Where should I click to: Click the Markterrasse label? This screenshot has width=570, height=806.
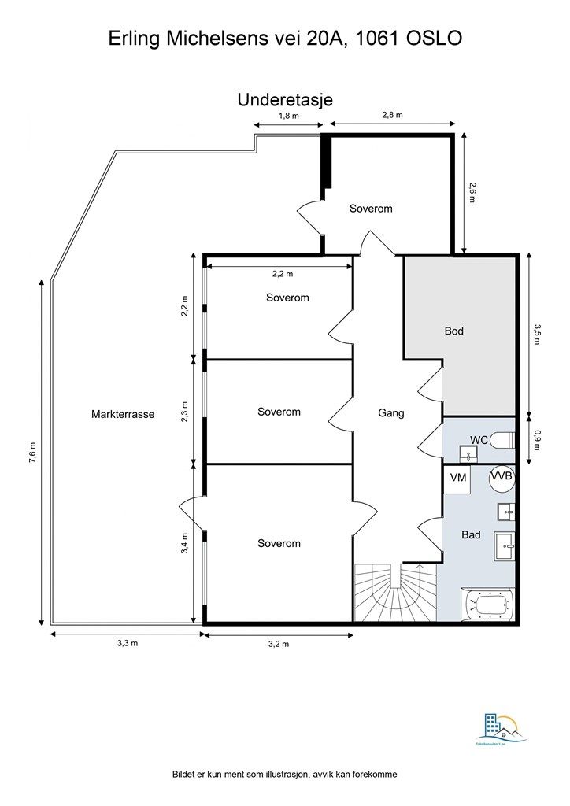pyautogui.click(x=123, y=414)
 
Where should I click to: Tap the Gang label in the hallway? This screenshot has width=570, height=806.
pyautogui.click(x=391, y=412)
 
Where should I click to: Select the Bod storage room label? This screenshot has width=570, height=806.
pyautogui.click(x=453, y=331)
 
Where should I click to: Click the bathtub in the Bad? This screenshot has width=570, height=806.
pyautogui.click(x=487, y=605)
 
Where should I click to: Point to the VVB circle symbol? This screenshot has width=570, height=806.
pyautogui.click(x=502, y=476)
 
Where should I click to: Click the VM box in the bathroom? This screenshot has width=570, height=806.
pyautogui.click(x=458, y=479)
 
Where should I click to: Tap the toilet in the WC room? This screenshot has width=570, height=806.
pyautogui.click(x=502, y=440)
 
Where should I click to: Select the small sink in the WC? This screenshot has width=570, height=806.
pyautogui.click(x=468, y=453)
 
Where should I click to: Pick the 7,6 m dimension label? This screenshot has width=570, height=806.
pyautogui.click(x=32, y=453)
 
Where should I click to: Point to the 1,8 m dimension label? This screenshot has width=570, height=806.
pyautogui.click(x=288, y=116)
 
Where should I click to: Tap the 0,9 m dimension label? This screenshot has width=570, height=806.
pyautogui.click(x=537, y=439)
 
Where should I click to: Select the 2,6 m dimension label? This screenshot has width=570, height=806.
pyautogui.click(x=472, y=193)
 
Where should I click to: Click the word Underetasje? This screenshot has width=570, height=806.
pyautogui.click(x=285, y=100)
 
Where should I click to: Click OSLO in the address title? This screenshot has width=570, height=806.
pyautogui.click(x=435, y=38)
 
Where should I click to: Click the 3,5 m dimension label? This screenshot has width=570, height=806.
pyautogui.click(x=537, y=334)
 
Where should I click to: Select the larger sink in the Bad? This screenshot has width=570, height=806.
pyautogui.click(x=504, y=546)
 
